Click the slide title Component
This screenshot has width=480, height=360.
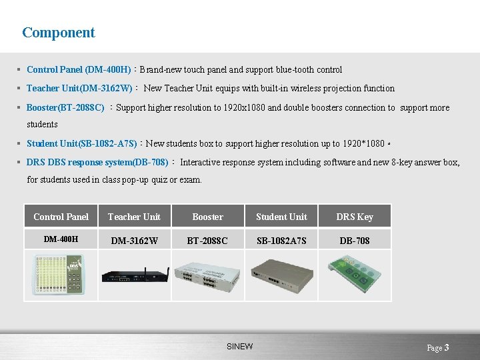pos(59,33)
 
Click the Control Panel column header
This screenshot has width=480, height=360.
pos(61,217)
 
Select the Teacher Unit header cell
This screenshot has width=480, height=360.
pos(134,217)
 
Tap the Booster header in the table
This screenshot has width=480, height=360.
pos(208,217)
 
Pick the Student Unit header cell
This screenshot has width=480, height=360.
pos(281,217)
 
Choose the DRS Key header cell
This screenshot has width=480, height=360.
pos(355,217)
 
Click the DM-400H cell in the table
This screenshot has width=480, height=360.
pos(61,239)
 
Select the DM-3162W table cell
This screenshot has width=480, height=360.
pos(134,240)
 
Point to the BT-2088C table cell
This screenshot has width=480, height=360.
pos(208,240)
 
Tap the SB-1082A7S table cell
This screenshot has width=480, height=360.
pos(281,240)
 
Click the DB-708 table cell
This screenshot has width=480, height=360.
pos(355,240)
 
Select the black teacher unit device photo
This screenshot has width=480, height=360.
pos(134,274)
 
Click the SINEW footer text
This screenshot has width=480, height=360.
pos(240,347)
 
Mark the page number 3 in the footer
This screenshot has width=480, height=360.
pos(447,347)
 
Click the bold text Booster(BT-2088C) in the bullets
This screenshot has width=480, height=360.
pos(65,107)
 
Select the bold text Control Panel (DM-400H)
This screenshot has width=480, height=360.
pos(79,69)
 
